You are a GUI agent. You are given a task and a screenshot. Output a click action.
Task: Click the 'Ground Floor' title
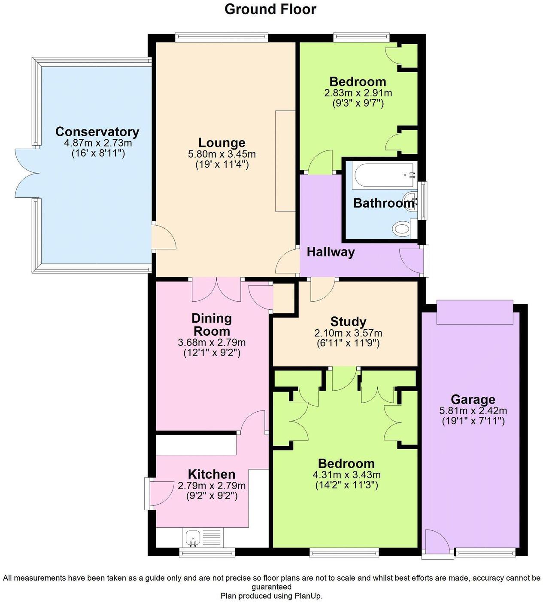tap(270, 9)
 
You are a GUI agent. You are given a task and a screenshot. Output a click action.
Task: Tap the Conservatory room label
tap(97, 132)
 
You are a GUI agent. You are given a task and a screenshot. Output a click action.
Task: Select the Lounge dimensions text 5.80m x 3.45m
tap(222, 154)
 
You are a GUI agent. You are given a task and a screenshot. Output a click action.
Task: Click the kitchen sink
tap(193, 538)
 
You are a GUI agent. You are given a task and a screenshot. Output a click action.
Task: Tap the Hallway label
tap(331, 252)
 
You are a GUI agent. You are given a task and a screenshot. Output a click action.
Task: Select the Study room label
tap(348, 321)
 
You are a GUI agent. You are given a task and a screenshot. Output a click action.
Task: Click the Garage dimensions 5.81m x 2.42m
tap(473, 410)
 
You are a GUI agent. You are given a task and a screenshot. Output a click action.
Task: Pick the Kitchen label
tap(212, 474)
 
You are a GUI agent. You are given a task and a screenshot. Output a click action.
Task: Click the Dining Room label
tap(212, 324)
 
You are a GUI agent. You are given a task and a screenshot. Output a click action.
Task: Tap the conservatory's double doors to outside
tap(27, 173)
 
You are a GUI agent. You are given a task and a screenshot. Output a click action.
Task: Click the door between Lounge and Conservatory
tap(163, 236)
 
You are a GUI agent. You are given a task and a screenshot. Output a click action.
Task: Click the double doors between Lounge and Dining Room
tap(217, 290)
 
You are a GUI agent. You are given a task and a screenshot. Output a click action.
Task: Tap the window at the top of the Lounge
tap(221, 38)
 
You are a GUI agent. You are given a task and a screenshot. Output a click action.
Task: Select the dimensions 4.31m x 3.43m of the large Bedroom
tap(346, 475)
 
